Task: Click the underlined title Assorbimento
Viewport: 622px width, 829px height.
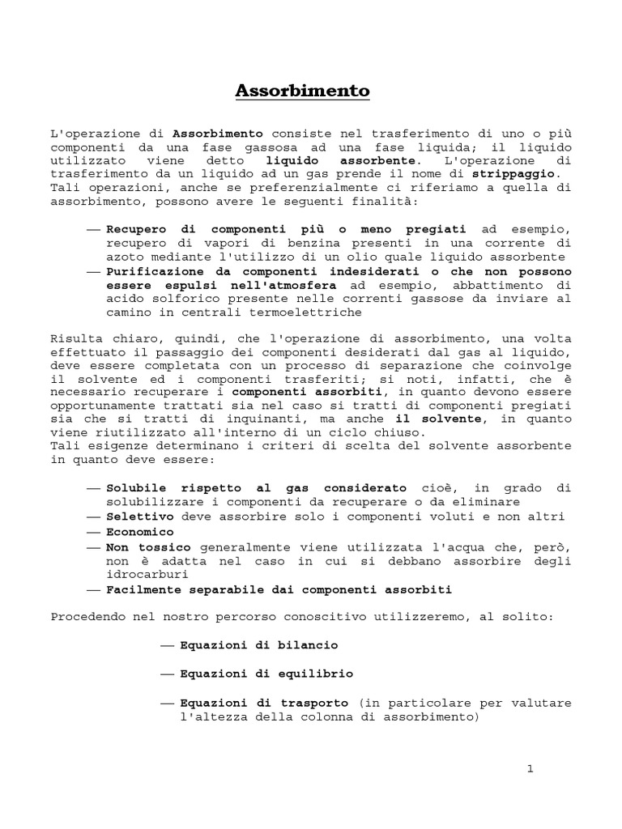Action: (x=302, y=91)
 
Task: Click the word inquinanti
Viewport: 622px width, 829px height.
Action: (x=263, y=419)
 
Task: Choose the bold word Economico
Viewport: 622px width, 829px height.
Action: (x=140, y=532)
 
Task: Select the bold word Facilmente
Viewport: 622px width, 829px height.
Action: (x=143, y=589)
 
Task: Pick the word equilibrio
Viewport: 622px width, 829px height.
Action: (x=317, y=673)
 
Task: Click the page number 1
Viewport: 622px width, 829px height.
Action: (x=530, y=769)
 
